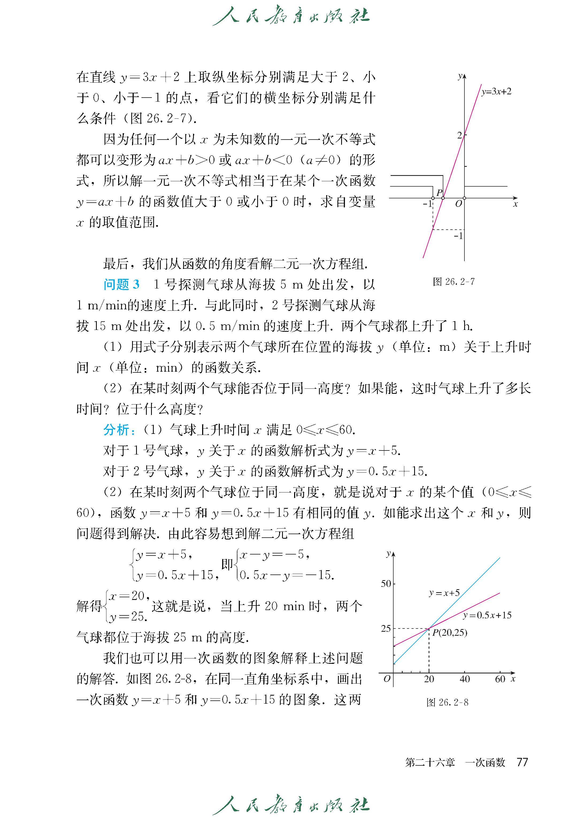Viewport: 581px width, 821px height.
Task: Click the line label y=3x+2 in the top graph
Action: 496,92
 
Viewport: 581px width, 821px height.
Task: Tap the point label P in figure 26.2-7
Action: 439,192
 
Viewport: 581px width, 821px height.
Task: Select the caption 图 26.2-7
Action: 454,282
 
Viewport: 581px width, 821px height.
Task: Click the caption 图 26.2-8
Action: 447,702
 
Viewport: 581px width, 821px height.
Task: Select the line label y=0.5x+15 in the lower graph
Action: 487,615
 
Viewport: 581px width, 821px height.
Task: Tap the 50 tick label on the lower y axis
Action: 386,584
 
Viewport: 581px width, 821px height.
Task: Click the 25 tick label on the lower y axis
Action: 386,629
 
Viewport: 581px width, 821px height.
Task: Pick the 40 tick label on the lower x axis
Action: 464,679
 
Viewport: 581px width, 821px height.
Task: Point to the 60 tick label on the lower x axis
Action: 500,679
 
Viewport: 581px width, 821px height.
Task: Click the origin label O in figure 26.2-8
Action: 387,679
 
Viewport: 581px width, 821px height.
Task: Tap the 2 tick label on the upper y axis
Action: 460,135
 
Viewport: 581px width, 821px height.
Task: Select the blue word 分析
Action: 117,430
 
